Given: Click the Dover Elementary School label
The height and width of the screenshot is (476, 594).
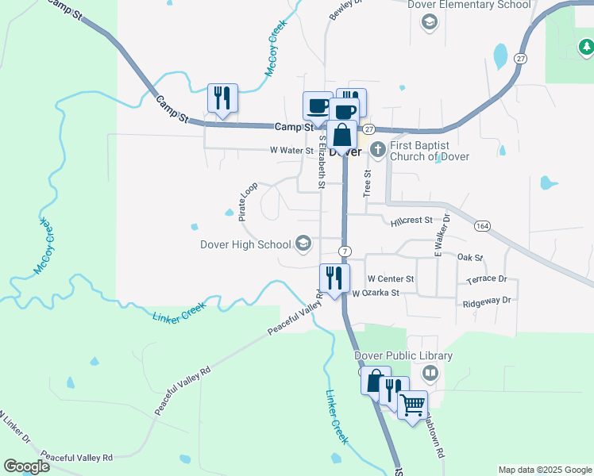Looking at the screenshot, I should tap(469, 5).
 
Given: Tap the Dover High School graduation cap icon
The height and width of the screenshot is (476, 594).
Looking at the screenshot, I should tap(303, 244).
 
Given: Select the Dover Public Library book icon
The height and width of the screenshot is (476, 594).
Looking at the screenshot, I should tap(430, 372).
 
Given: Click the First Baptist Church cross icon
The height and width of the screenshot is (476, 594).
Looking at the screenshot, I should tap(378, 148).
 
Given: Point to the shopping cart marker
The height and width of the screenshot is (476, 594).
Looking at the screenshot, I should tap(413, 405).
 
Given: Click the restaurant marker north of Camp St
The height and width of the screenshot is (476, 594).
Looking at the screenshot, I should tap(222, 98).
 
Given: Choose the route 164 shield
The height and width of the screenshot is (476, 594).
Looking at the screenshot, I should tap(482, 226).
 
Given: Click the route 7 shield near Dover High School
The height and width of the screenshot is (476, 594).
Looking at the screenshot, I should tap(344, 251).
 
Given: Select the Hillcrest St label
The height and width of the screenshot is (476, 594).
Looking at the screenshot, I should tap(411, 221).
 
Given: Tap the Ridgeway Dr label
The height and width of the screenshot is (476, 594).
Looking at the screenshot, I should tap(486, 301).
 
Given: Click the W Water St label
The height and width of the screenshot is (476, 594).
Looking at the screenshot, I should tap(291, 150).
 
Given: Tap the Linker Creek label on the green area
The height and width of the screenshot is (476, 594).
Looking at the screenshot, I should tap(179, 310).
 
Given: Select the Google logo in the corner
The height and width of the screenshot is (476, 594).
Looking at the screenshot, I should tap(26, 466).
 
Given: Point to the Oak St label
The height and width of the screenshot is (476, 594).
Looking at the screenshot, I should tap(470, 258).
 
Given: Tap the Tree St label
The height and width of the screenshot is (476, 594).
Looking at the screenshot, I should tap(367, 183).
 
